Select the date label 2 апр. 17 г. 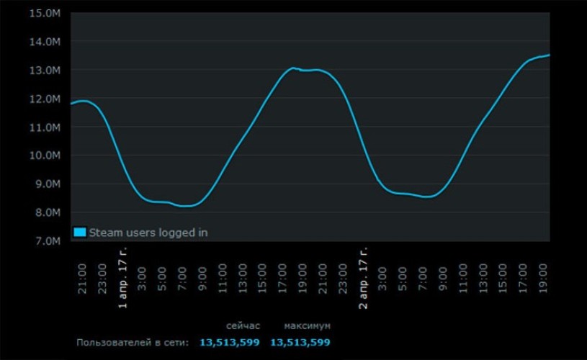[364, 276]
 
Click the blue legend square [79, 233]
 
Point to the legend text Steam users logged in [148, 233]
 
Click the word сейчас [243, 325]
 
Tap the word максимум [308, 325]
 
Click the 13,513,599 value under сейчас [229, 343]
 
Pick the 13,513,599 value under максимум [300, 343]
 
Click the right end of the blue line [550, 55]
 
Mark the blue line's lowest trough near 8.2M [185, 206]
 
